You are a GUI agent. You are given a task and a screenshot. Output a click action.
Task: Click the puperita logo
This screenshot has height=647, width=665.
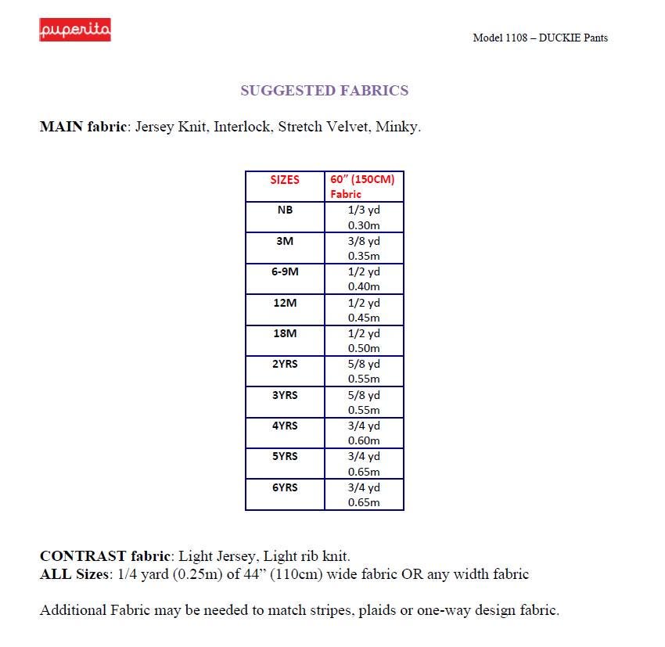pos(75,30)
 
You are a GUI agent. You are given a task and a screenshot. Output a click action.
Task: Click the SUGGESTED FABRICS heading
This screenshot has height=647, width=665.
pos(324,91)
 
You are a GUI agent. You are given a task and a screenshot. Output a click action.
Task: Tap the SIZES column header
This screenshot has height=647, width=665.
pos(285,180)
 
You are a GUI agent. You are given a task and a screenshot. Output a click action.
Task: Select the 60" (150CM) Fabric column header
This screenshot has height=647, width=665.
pos(362,186)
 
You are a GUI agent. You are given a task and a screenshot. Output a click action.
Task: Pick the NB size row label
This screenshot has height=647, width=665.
pos(285,210)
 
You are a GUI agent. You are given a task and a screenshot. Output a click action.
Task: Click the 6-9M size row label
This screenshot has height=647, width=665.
pos(285,271)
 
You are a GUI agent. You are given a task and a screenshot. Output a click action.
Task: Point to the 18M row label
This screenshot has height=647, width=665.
pos(285,333)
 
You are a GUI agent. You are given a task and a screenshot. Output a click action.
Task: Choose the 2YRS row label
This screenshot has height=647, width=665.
pos(285,365)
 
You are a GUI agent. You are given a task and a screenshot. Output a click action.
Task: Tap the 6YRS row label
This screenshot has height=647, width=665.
pos(285,487)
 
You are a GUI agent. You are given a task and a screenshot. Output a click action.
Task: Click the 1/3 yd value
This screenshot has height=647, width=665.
pos(364,210)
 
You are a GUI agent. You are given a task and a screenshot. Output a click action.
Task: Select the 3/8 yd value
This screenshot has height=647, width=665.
pos(364,241)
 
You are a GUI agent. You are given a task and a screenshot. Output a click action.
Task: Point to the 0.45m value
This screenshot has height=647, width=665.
pos(364,318)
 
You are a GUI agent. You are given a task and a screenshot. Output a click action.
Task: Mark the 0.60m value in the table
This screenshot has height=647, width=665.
pos(364,440)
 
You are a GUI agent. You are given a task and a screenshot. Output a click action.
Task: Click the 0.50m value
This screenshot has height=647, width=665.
pos(364,348)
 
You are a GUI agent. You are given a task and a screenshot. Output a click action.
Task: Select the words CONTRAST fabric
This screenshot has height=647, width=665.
pos(105,557)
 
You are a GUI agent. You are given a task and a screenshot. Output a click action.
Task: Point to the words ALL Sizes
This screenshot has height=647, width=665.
pos(74,574)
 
